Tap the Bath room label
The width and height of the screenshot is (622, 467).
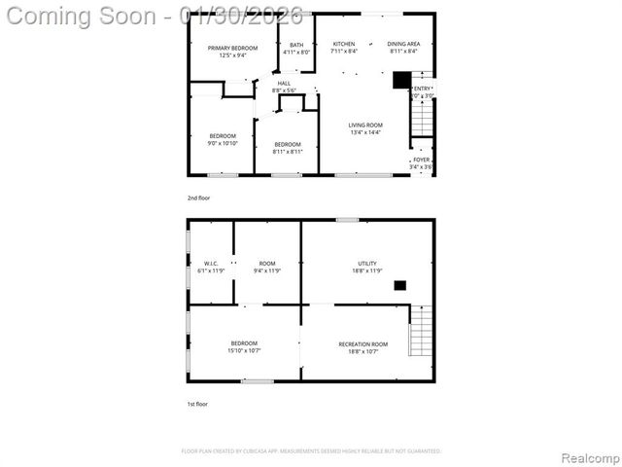tap(296, 45)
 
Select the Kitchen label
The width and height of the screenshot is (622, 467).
tap(344, 45)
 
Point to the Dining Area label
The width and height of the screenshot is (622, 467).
tap(403, 45)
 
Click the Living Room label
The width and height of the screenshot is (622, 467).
tap(365, 125)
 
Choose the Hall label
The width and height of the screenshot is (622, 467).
tap(284, 84)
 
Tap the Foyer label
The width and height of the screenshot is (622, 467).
tap(421, 160)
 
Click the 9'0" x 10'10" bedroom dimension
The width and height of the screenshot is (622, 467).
tap(223, 143)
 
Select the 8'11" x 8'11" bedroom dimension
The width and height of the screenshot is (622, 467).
tap(287, 151)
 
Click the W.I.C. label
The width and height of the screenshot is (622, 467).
tap(211, 264)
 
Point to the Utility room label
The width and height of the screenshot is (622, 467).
tap(366, 264)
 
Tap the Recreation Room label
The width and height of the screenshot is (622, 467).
tap(363, 344)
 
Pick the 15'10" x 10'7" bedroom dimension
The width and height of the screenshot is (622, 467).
tap(244, 350)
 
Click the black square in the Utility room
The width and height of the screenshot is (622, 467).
tap(399, 285)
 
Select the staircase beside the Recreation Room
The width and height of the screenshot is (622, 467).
tap(419, 331)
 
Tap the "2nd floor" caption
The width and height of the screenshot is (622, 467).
tap(198, 198)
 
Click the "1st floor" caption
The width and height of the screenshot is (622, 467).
tap(197, 404)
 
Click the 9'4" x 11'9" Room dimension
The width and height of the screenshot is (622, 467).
tap(266, 270)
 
